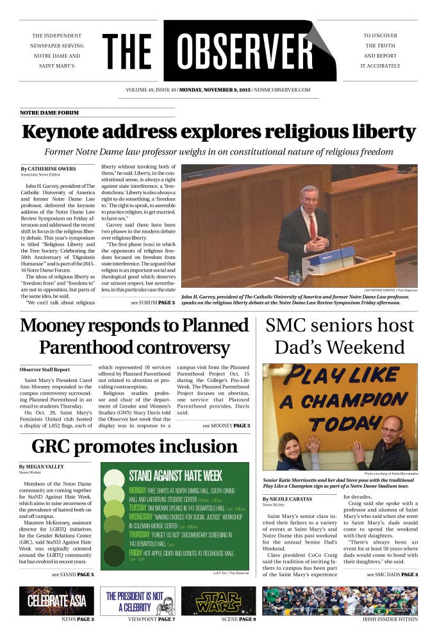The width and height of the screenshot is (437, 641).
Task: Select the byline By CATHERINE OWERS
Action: point(48,169)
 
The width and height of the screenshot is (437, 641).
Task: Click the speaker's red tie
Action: point(313,228)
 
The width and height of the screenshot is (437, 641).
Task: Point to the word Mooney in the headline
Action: point(58,326)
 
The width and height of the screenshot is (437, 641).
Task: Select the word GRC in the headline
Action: point(54,446)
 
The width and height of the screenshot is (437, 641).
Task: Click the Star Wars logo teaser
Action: point(218,601)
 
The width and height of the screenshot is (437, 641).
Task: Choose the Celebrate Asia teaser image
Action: point(56,601)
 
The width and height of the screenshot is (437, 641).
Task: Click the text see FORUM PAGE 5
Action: point(153,302)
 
